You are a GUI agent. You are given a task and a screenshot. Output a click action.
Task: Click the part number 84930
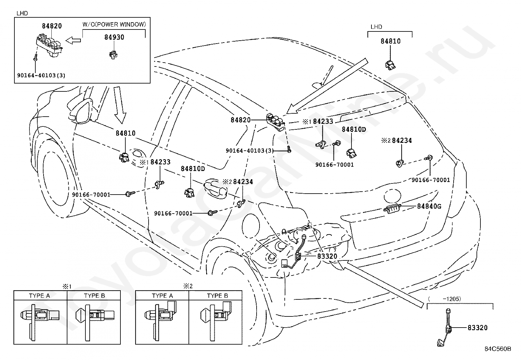coord(114,37)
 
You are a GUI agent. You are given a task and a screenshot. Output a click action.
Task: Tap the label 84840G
coord(429,206)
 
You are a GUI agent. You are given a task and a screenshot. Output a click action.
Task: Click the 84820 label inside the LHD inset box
coord(52,26)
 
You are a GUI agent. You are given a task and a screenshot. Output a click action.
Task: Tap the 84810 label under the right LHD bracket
coord(390,41)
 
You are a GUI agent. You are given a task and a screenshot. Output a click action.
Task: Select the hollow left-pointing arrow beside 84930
coord(73,40)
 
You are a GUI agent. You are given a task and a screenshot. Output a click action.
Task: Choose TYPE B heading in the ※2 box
coord(217,296)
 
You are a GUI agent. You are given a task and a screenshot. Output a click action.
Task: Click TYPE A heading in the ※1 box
coord(39,296)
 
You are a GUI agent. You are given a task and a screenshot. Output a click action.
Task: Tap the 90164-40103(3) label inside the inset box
coord(41,75)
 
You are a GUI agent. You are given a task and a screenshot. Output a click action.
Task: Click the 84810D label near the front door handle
coord(193,169)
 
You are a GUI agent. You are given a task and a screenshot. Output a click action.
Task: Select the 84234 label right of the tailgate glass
coord(402,141)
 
